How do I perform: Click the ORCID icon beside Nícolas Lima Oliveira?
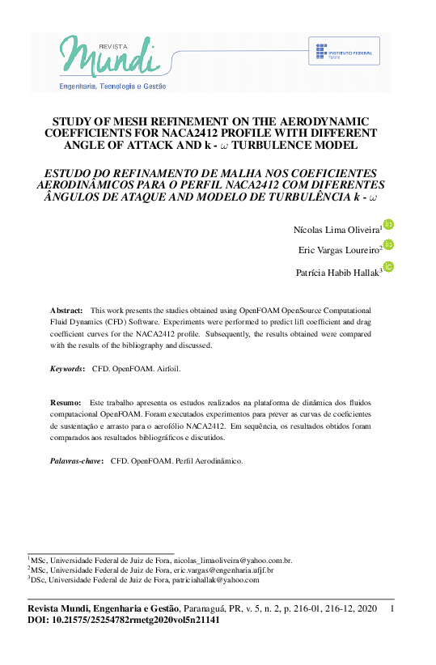pyautogui.click(x=388, y=225)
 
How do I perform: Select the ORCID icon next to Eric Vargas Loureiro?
pyautogui.click(x=388, y=245)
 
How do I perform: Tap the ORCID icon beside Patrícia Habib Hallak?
pyautogui.click(x=388, y=268)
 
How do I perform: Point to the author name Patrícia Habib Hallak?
pyautogui.click(x=338, y=273)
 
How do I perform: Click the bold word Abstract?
pyautogui.click(x=66, y=311)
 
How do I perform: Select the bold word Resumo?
pyautogui.click(x=66, y=402)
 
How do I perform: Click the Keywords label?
pyautogui.click(x=67, y=368)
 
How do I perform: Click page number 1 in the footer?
pyautogui.click(x=392, y=608)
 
